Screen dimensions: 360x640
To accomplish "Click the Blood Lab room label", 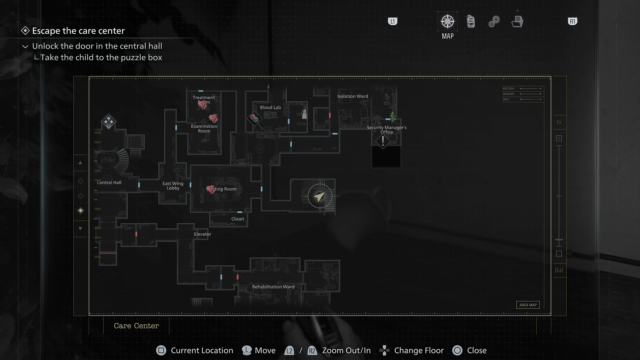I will click(270, 107).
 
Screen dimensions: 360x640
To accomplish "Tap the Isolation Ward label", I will click(353, 96).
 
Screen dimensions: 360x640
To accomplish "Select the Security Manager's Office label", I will click(387, 130).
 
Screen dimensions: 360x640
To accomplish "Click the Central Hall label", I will click(109, 183).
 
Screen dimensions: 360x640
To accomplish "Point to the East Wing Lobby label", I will click(173, 186).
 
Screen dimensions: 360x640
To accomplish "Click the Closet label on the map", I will click(238, 219).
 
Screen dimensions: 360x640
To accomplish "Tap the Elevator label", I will click(203, 234).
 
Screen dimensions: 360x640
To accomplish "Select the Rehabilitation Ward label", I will click(273, 287).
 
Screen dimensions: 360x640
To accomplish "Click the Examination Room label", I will click(204, 129).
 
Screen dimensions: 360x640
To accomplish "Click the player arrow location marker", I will click(320, 196).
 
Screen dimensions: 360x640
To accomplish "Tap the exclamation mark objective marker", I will click(383, 141).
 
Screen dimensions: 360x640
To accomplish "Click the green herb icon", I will click(393, 116).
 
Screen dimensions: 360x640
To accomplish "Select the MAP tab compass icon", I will click(447, 22).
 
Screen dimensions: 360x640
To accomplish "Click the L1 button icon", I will click(393, 22).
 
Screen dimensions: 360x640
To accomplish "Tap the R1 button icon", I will click(572, 22).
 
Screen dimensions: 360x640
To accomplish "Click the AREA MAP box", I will click(528, 305).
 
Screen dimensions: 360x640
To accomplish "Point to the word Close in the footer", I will click(477, 350).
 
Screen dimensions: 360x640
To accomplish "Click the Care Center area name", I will click(136, 326).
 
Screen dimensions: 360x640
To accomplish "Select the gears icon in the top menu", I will click(494, 22).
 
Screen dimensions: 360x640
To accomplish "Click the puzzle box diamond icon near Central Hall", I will click(108, 121).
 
